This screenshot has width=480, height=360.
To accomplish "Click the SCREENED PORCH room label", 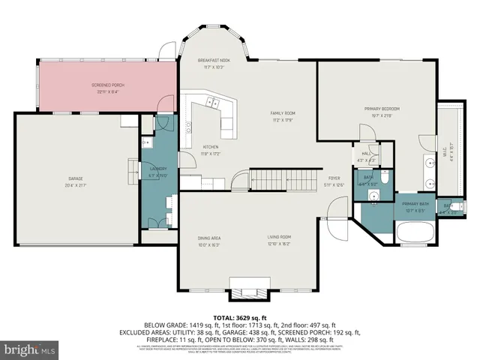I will click(109, 85).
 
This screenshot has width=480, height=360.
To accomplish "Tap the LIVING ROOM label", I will click(280, 238).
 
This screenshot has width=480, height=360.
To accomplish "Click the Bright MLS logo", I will click(30, 349).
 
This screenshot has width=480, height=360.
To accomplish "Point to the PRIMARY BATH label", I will click(415, 204).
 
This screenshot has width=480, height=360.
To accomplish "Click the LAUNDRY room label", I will click(157, 169).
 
